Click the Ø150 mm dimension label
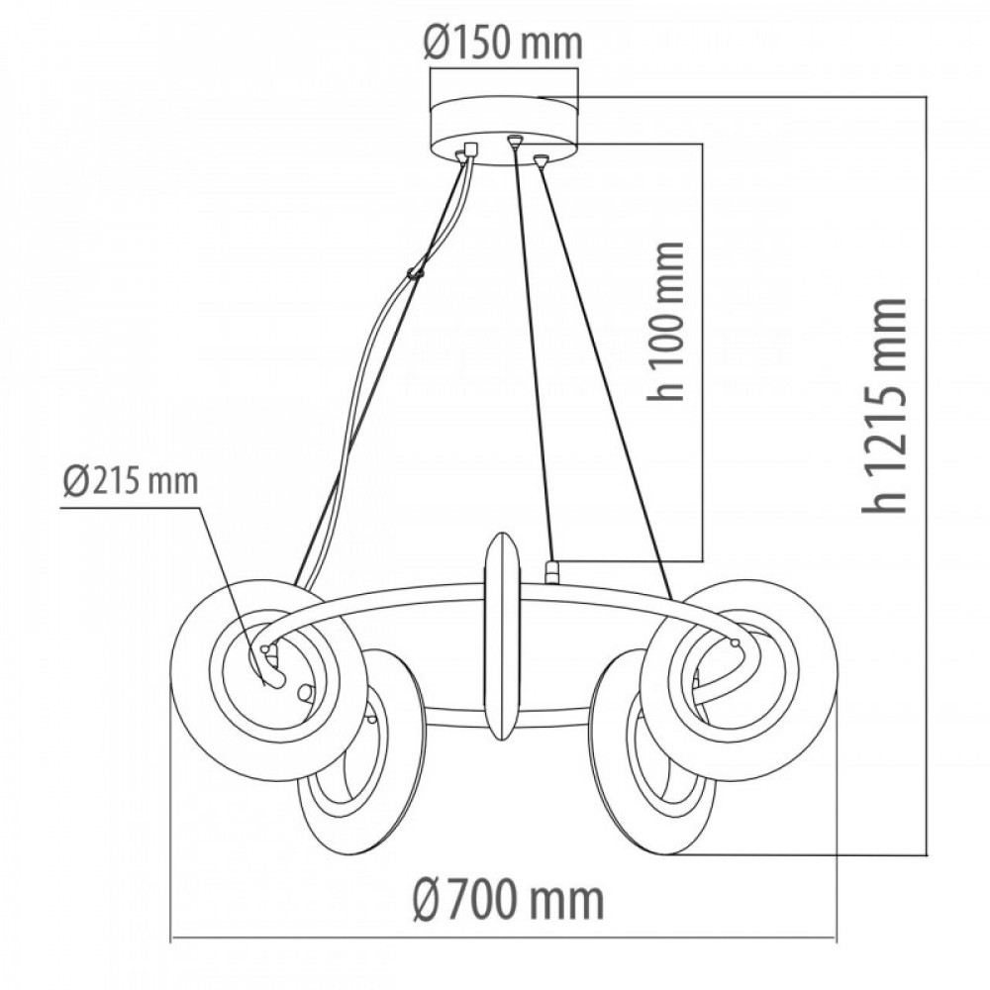coord(503,44)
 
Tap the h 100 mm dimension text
coord(666,321)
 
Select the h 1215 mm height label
coord(884,405)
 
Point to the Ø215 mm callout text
coord(131,482)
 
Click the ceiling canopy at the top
coord(503,131)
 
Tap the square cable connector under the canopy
coord(470,149)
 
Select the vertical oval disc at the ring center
coord(502,637)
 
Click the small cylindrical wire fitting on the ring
coord(552,572)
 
